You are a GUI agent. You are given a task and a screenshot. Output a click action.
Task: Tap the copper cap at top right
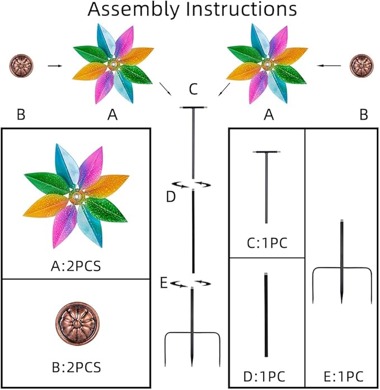362,65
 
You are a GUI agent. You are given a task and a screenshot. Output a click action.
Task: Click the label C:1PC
266,242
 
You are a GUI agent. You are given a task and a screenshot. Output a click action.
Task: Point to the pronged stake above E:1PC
342,263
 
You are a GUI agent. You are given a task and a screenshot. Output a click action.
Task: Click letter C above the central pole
193,88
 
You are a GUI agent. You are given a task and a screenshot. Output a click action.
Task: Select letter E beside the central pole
163,283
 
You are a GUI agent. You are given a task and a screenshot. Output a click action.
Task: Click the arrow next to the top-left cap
54,65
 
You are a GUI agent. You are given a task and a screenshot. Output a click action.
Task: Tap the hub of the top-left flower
114,65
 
